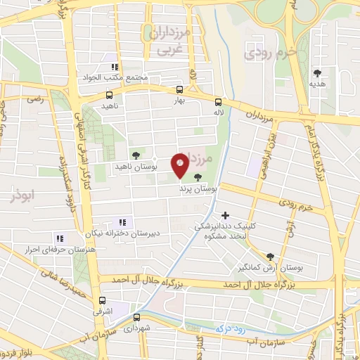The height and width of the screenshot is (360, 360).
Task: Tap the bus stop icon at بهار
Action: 179,89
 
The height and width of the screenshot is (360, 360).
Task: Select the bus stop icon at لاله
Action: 218,101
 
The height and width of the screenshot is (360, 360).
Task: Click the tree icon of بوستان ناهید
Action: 135,156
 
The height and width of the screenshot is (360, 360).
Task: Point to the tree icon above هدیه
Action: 318,72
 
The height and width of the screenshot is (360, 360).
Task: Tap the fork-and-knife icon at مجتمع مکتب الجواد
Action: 112,68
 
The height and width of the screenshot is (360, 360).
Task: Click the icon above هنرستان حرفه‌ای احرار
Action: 60,238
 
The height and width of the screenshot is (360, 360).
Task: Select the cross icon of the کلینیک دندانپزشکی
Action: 225,215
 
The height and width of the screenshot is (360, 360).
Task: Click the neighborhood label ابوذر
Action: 23,195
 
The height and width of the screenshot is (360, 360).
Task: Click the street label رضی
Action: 35,101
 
